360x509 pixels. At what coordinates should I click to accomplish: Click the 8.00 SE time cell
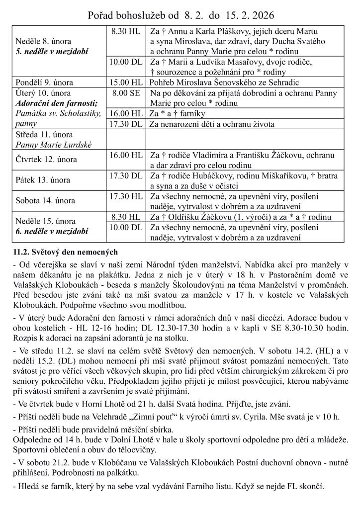click(x=127, y=93)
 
